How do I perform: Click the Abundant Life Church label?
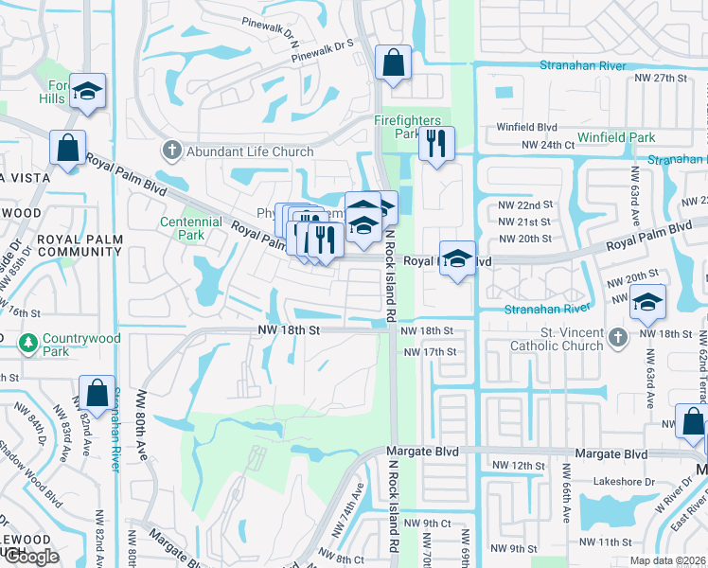pyautogui.click(x=236, y=151)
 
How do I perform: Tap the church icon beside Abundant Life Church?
pyautogui.click(x=171, y=151)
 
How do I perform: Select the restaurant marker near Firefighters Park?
pyautogui.click(x=436, y=143)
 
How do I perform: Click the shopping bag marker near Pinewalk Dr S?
pyautogui.click(x=393, y=62)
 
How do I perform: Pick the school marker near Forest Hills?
pyautogui.click(x=87, y=91)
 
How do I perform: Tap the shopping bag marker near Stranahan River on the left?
pyautogui.click(x=97, y=391)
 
